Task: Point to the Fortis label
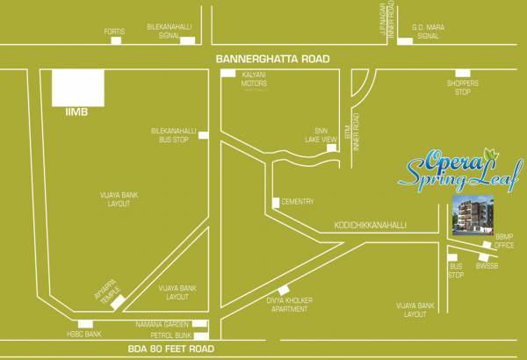click(x=114, y=32)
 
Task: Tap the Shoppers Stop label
click(x=463, y=86)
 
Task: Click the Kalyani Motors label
click(x=254, y=80)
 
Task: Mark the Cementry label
click(x=298, y=202)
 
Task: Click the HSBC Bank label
click(x=84, y=335)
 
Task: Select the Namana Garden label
click(x=162, y=323)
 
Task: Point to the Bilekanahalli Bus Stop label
click(x=170, y=134)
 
